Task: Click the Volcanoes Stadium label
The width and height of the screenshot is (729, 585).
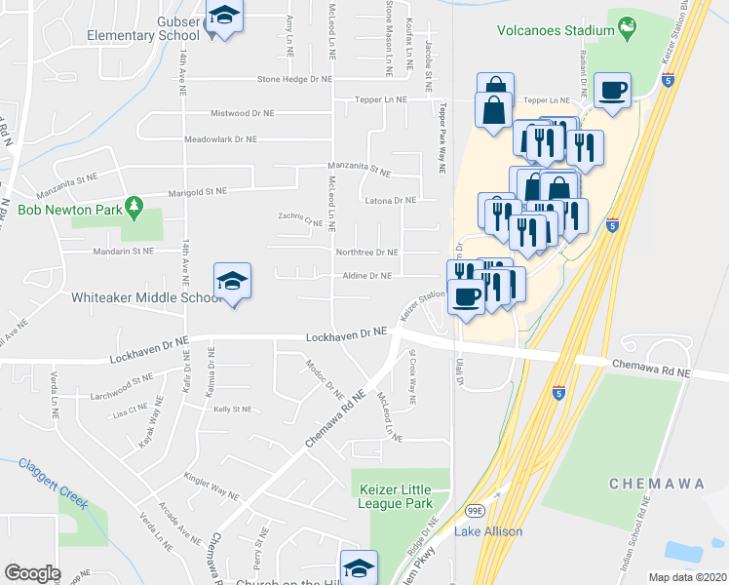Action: (555, 30)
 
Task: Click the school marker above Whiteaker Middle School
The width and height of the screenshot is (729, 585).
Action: (232, 282)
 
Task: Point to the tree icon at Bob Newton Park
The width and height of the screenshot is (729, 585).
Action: (138, 209)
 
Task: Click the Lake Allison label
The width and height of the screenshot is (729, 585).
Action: (488, 531)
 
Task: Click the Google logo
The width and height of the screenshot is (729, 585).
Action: (33, 572)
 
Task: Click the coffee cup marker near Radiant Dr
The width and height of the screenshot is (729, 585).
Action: (613, 92)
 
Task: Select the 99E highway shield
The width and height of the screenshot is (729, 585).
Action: (475, 510)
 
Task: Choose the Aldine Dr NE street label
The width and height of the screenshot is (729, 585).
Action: (366, 276)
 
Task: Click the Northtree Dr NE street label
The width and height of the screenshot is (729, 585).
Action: (366, 252)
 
